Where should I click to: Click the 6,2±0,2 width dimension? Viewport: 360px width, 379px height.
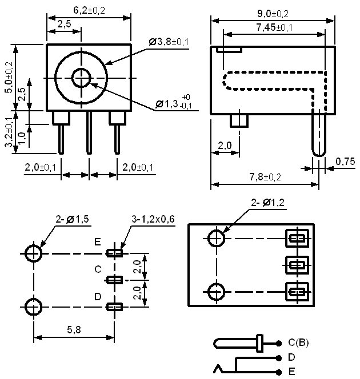89,10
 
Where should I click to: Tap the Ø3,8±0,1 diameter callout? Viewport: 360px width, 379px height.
169,42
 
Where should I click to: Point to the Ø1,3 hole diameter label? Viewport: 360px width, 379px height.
167,104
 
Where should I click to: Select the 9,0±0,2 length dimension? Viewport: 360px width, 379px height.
273,14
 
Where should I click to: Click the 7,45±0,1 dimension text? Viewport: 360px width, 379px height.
274,27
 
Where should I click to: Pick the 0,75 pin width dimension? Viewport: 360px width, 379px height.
345,162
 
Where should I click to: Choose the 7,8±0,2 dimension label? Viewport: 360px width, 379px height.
265,177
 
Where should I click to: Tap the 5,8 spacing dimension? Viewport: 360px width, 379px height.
74,329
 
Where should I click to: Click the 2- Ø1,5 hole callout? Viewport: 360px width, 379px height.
73,219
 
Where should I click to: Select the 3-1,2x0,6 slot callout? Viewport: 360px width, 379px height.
153,219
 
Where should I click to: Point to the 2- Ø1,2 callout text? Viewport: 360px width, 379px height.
267,203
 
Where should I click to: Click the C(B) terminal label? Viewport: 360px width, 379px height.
298,342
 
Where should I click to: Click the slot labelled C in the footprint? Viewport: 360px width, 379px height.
114,280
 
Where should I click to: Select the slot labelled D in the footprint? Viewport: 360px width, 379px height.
114,307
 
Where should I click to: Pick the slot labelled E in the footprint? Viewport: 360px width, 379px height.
114,253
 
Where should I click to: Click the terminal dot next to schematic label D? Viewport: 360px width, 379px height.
279,357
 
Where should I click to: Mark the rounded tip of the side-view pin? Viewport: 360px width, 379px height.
319,155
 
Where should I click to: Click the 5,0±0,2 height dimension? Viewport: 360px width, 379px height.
9,78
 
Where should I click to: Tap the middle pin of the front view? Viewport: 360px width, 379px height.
89,132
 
